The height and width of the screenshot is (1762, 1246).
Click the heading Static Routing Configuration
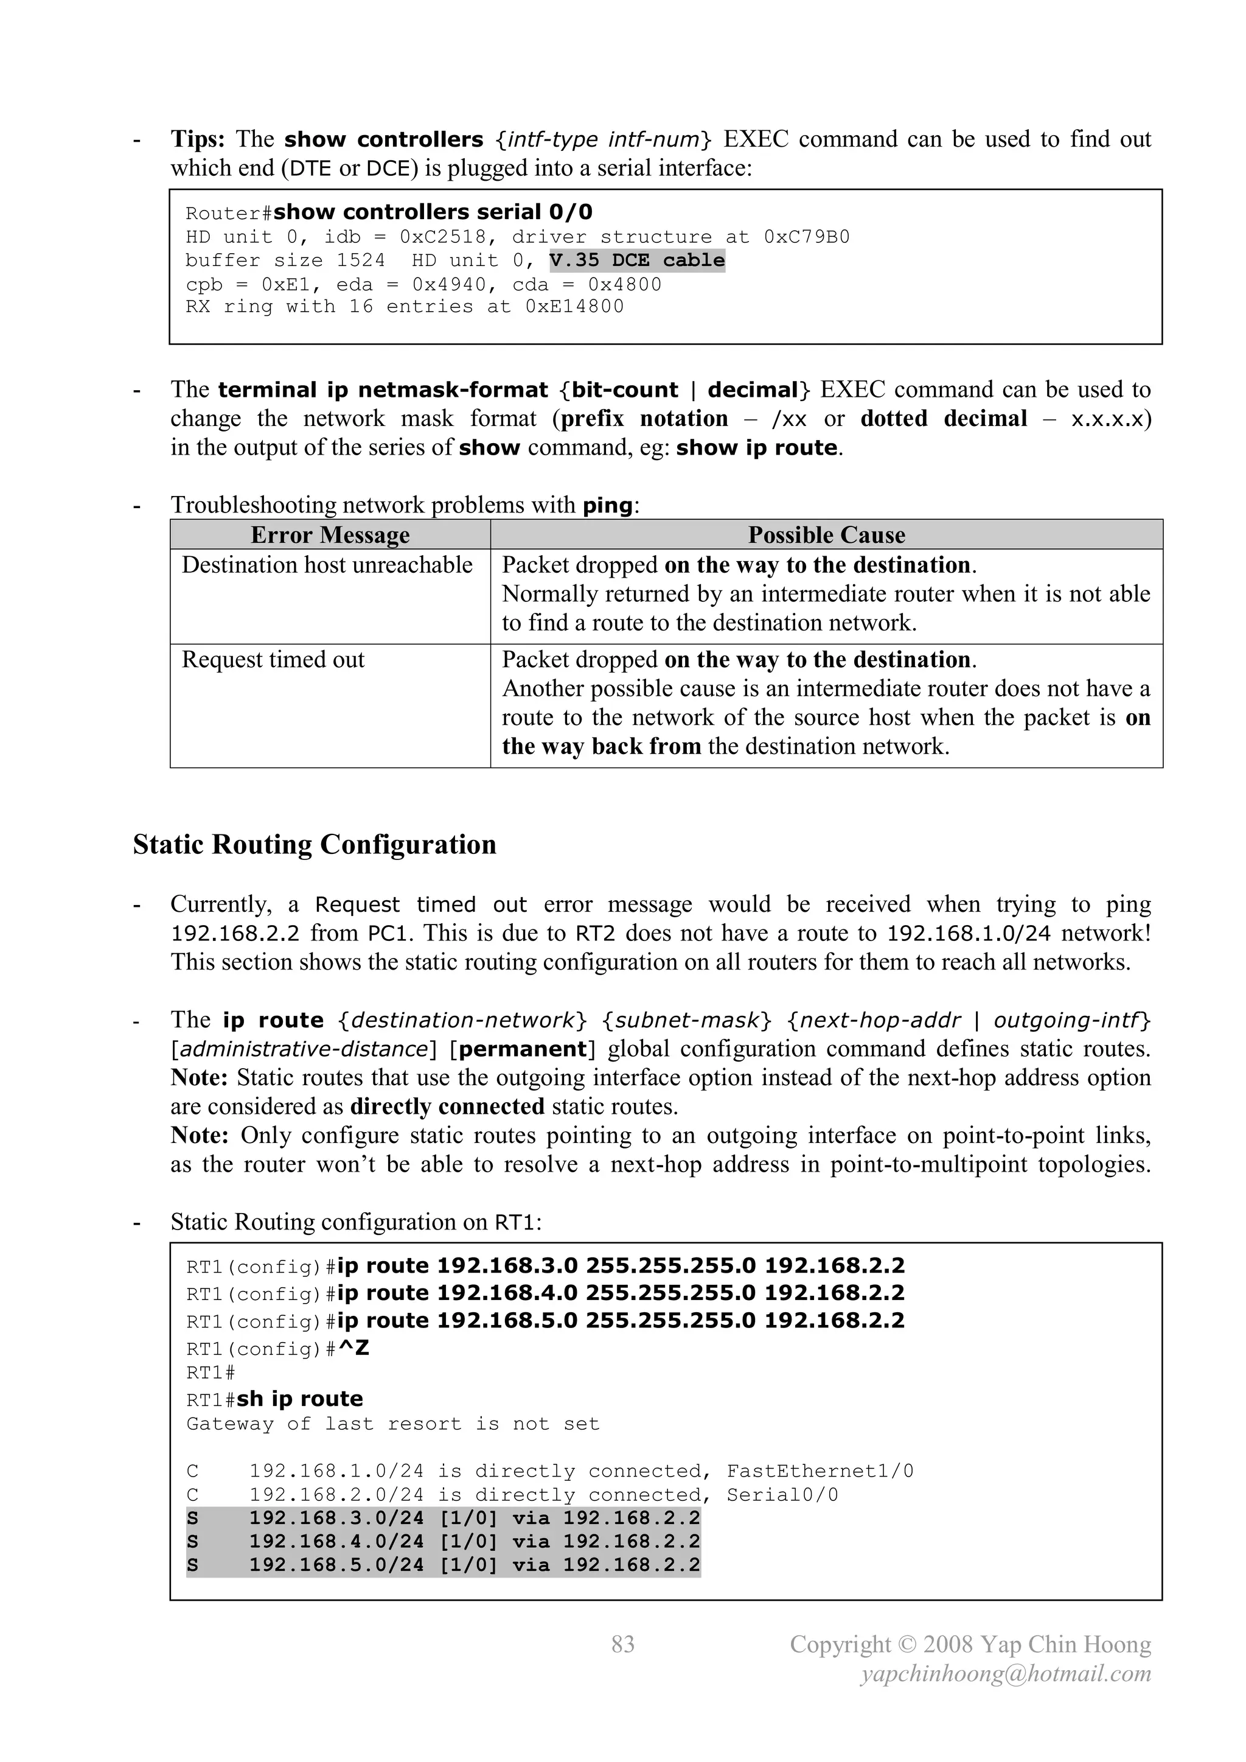(x=314, y=844)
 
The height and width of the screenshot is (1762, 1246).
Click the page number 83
(x=622, y=1644)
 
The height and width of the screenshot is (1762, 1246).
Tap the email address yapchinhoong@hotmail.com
(x=1005, y=1674)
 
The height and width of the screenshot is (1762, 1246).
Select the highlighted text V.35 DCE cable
(x=637, y=260)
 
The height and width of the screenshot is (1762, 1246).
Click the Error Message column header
(x=330, y=535)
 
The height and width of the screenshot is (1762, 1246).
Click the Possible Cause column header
(x=826, y=535)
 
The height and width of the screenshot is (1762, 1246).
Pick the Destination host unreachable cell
(x=327, y=565)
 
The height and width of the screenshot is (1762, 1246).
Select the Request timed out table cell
(x=273, y=660)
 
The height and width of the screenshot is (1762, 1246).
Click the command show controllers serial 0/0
(x=433, y=212)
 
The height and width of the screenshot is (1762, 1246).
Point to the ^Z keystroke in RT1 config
(x=353, y=1348)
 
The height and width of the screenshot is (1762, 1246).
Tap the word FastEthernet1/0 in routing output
(x=820, y=1471)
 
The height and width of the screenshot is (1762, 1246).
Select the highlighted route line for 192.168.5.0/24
(x=444, y=1565)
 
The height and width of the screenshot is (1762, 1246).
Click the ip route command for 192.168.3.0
(x=621, y=1265)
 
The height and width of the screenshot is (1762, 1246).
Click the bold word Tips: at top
(x=197, y=139)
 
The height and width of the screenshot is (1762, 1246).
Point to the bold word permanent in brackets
(x=522, y=1049)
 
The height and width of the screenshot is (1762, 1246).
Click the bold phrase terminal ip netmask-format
(x=383, y=390)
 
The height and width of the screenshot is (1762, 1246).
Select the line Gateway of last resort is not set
(x=392, y=1424)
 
